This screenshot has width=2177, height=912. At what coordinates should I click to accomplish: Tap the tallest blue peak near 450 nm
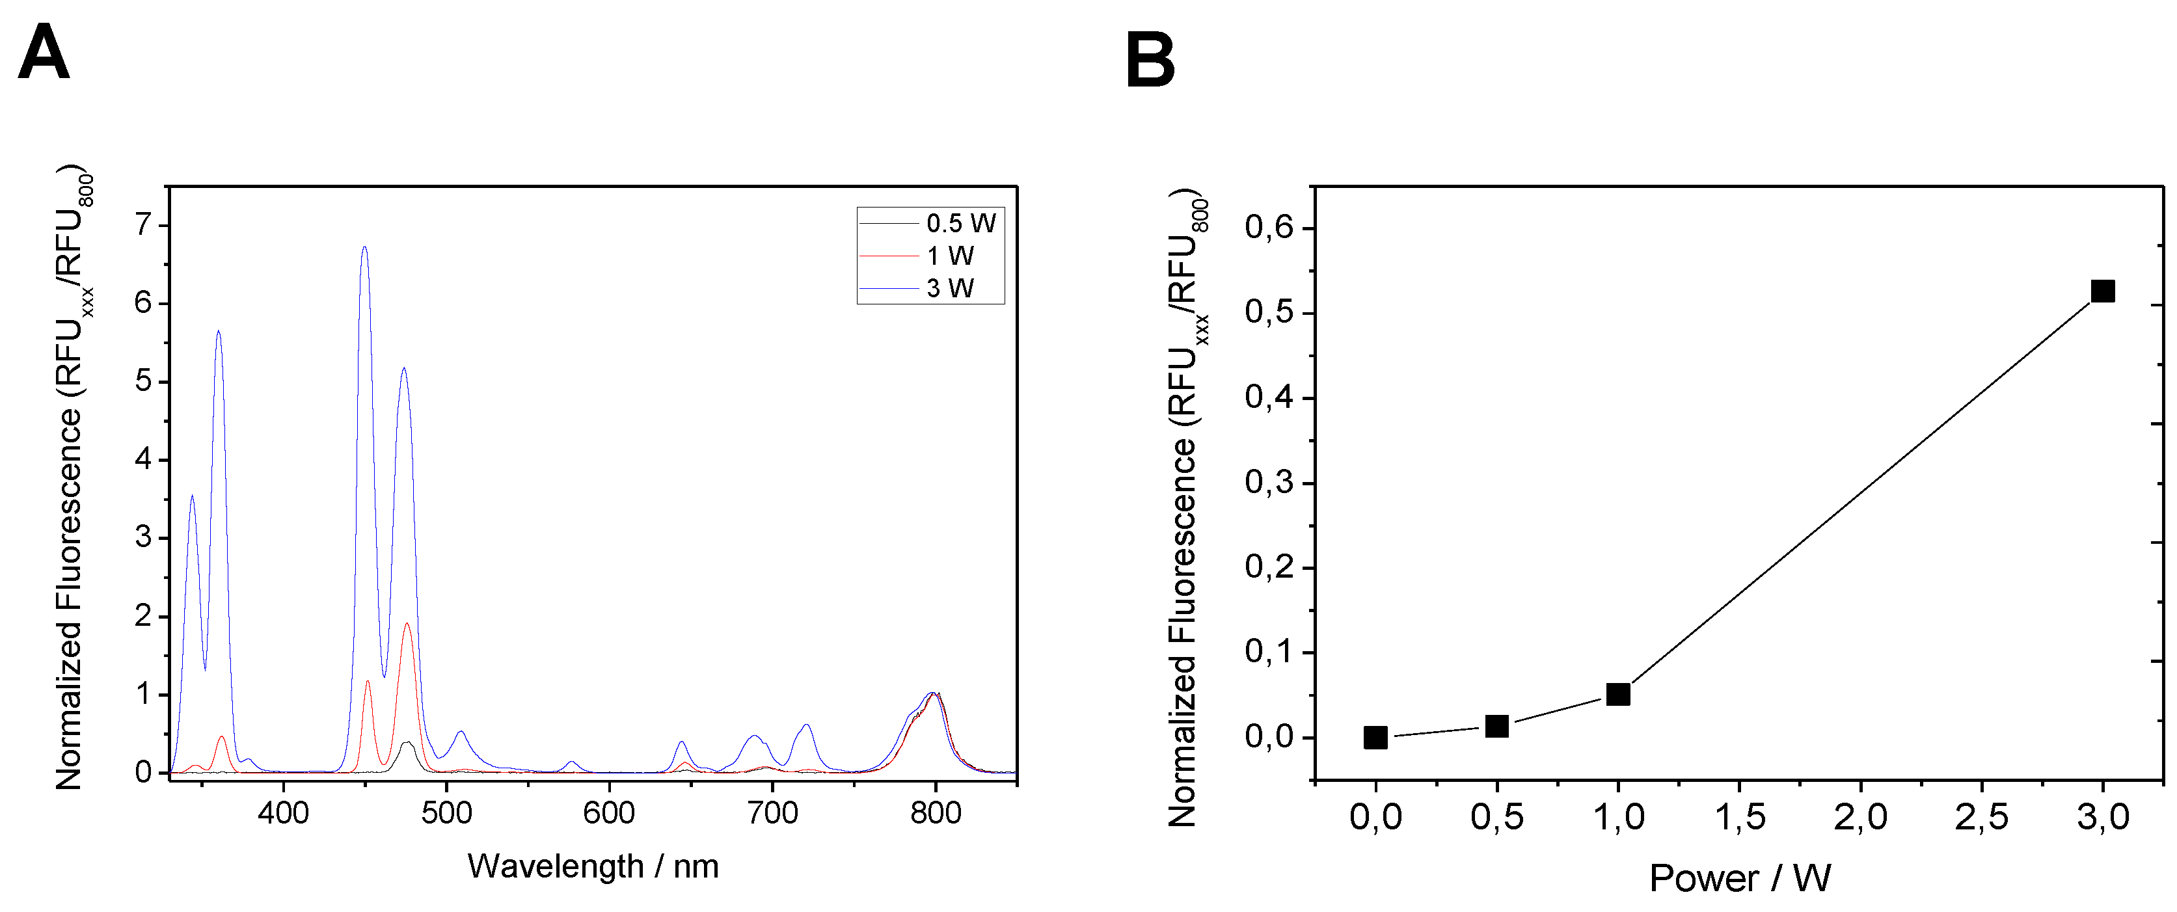(364, 248)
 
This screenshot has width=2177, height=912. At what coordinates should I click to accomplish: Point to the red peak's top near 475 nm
(407, 624)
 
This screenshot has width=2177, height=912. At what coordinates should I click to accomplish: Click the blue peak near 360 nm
(218, 332)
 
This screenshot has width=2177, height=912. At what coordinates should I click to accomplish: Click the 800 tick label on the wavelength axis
(935, 813)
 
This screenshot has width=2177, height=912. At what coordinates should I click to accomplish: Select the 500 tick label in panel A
(446, 813)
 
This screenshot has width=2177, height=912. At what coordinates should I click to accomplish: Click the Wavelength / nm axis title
(593, 866)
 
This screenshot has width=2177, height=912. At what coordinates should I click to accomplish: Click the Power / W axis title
(1739, 878)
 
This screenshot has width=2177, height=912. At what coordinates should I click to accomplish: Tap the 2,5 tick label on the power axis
(1981, 817)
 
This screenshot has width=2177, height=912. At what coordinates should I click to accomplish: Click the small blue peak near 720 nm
(806, 725)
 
